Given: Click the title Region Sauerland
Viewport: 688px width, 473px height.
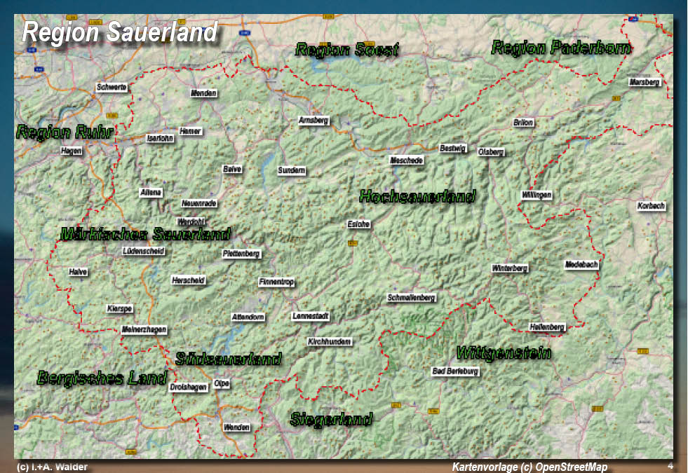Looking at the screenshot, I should (120, 32).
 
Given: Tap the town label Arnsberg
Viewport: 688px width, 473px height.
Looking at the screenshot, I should (313, 121).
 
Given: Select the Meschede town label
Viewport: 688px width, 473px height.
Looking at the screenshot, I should (407, 160).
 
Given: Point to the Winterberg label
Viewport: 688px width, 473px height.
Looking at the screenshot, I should (510, 268).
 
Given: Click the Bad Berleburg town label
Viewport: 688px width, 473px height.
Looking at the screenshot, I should (456, 371).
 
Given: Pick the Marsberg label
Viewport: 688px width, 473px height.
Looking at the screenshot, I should (645, 82).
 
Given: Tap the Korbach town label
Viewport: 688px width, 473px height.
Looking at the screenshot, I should (651, 206).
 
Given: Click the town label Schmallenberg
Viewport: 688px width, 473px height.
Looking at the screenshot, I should (412, 298).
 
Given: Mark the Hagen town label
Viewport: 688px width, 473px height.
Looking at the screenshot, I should (72, 151).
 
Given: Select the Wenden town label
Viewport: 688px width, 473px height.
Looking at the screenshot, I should (236, 427).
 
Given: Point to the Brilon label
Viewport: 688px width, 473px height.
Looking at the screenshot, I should (523, 122).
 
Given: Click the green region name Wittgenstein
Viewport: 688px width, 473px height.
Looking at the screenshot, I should (504, 352).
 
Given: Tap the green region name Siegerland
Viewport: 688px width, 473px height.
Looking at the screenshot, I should (331, 420).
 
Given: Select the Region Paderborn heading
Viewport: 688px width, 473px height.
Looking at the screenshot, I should (561, 48).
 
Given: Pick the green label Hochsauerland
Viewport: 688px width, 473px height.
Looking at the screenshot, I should (417, 196).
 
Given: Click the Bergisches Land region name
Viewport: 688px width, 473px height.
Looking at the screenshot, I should (102, 378).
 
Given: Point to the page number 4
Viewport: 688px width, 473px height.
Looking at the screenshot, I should (670, 466).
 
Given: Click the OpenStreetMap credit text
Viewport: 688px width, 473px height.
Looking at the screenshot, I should (530, 467).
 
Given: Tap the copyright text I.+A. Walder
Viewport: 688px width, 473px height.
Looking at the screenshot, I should (52, 467).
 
